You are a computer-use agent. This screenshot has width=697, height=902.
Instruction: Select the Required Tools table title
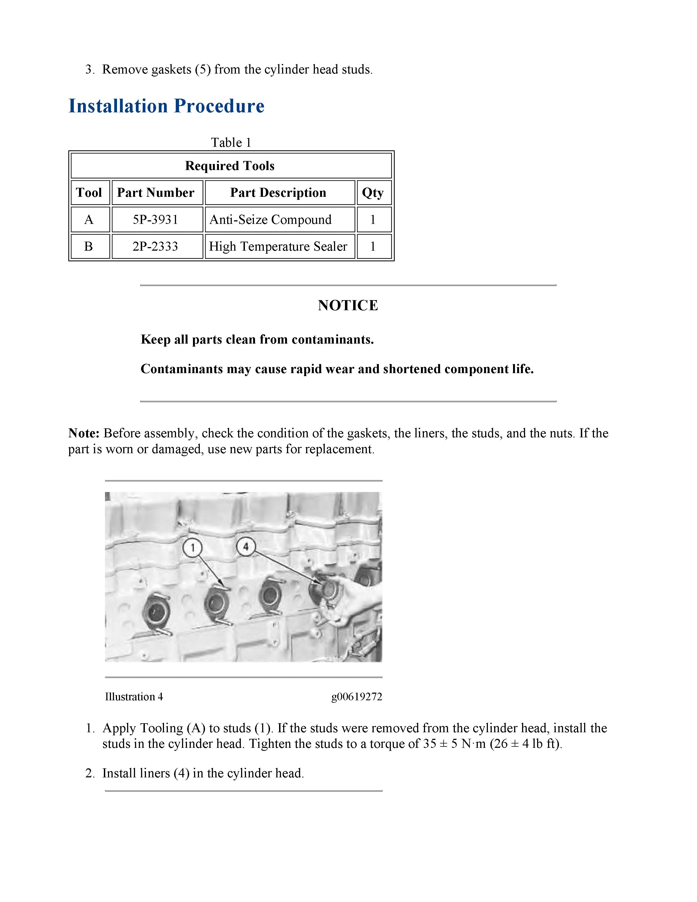coord(230,166)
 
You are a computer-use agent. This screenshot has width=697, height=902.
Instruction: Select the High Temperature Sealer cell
coord(278,246)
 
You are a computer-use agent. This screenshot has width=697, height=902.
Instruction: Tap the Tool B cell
coord(89,246)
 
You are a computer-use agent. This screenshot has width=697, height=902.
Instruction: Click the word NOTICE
coord(348,305)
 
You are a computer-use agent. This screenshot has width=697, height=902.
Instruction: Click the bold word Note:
coord(84,433)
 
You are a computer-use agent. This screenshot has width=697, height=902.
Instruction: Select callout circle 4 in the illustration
coord(246,547)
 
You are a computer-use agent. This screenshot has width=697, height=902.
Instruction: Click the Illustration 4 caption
coord(134,697)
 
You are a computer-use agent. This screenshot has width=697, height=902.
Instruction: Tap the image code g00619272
coord(356,697)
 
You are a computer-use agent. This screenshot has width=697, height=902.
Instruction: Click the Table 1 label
coord(231,142)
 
